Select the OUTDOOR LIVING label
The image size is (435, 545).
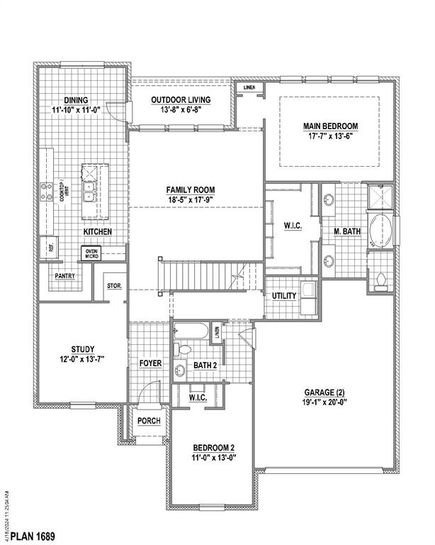(x=183, y=100)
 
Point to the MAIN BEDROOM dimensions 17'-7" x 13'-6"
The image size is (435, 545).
(x=330, y=136)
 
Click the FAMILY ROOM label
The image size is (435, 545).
(x=191, y=189)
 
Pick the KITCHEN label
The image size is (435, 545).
(x=98, y=232)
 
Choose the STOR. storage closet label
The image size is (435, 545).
(x=114, y=286)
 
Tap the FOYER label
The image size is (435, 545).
(x=150, y=363)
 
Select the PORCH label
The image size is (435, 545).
(x=149, y=421)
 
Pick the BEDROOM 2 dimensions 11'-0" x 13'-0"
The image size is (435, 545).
(x=213, y=458)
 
